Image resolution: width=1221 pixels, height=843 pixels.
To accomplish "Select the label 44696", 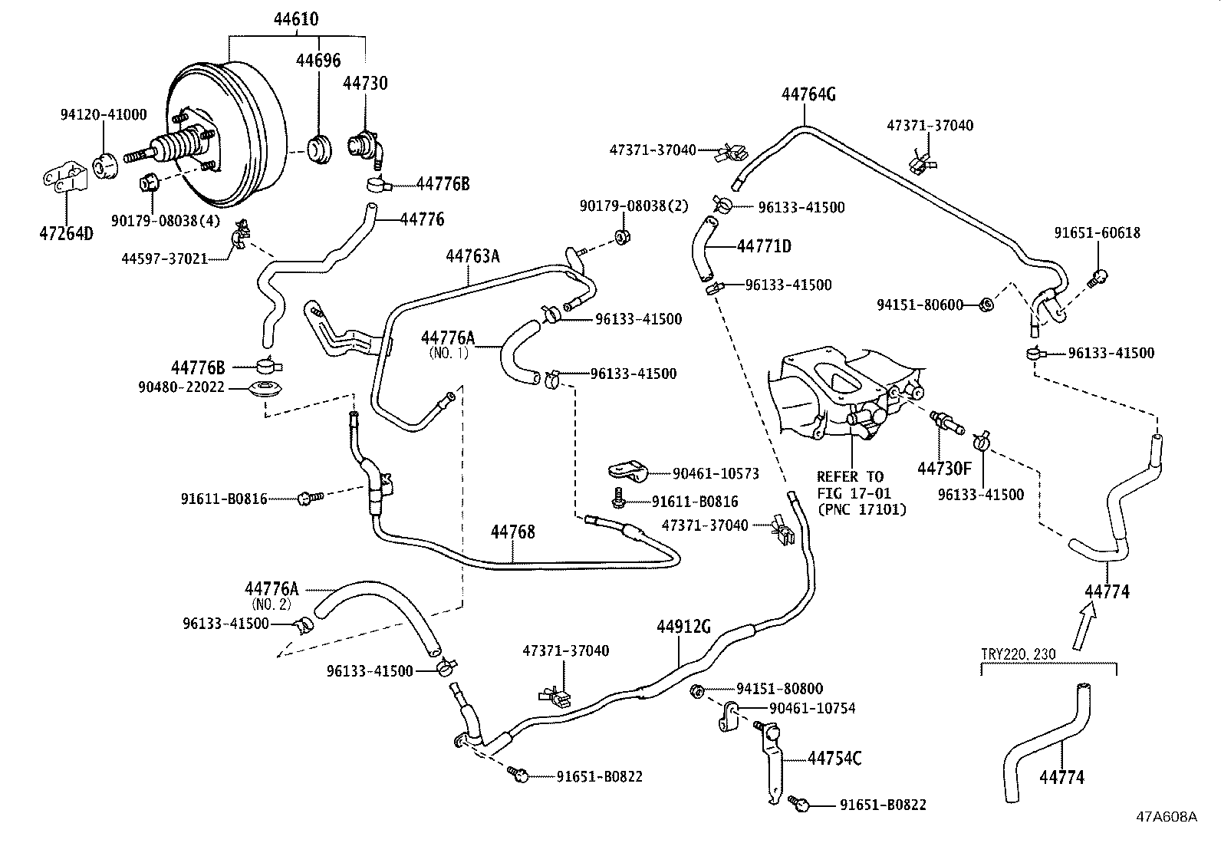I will coord(318,61).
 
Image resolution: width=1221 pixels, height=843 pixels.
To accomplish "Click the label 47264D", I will coord(66,233).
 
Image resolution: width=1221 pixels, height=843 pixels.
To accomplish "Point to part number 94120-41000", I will coord(104,114).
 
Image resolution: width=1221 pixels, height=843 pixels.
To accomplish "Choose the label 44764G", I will coord(808,94).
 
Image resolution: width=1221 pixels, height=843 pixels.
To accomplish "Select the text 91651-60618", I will coord(1097,233).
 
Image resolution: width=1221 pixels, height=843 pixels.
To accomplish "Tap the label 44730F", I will coord(944,467).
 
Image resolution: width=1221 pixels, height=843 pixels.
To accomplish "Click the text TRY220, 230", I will coord(1018,655).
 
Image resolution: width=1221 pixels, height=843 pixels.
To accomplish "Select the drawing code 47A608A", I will coord(1167,817).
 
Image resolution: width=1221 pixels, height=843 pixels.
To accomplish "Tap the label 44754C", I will coord(834,759).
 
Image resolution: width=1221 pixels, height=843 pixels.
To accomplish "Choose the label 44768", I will coord(512,532).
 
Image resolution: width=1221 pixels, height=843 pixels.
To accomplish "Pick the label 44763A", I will coord(472,256).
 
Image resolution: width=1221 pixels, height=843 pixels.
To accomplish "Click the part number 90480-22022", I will coord(181,387).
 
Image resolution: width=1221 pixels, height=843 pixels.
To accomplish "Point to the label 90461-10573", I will coord(716,474).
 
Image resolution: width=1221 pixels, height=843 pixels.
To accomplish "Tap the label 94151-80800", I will coord(779,689).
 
